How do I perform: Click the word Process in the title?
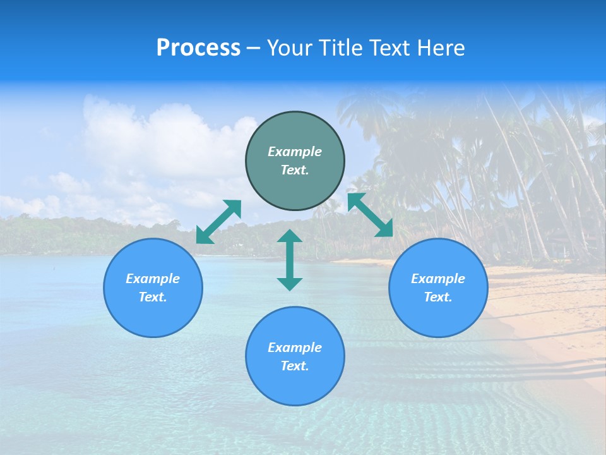198,48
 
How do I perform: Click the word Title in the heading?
340,48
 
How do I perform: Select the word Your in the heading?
288,48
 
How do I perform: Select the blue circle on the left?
153,316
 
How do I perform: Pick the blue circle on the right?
438,316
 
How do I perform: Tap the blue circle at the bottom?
295,385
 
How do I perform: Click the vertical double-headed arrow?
290,260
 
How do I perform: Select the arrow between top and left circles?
218,222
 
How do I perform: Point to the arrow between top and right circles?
370,215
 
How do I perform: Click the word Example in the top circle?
295,152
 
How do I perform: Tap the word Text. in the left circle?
153,297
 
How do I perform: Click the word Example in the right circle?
438,279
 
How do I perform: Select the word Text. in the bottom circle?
295,366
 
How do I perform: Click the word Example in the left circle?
153,279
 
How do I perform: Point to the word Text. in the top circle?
295,170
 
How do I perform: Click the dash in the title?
253,48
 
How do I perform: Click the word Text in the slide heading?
388,48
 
